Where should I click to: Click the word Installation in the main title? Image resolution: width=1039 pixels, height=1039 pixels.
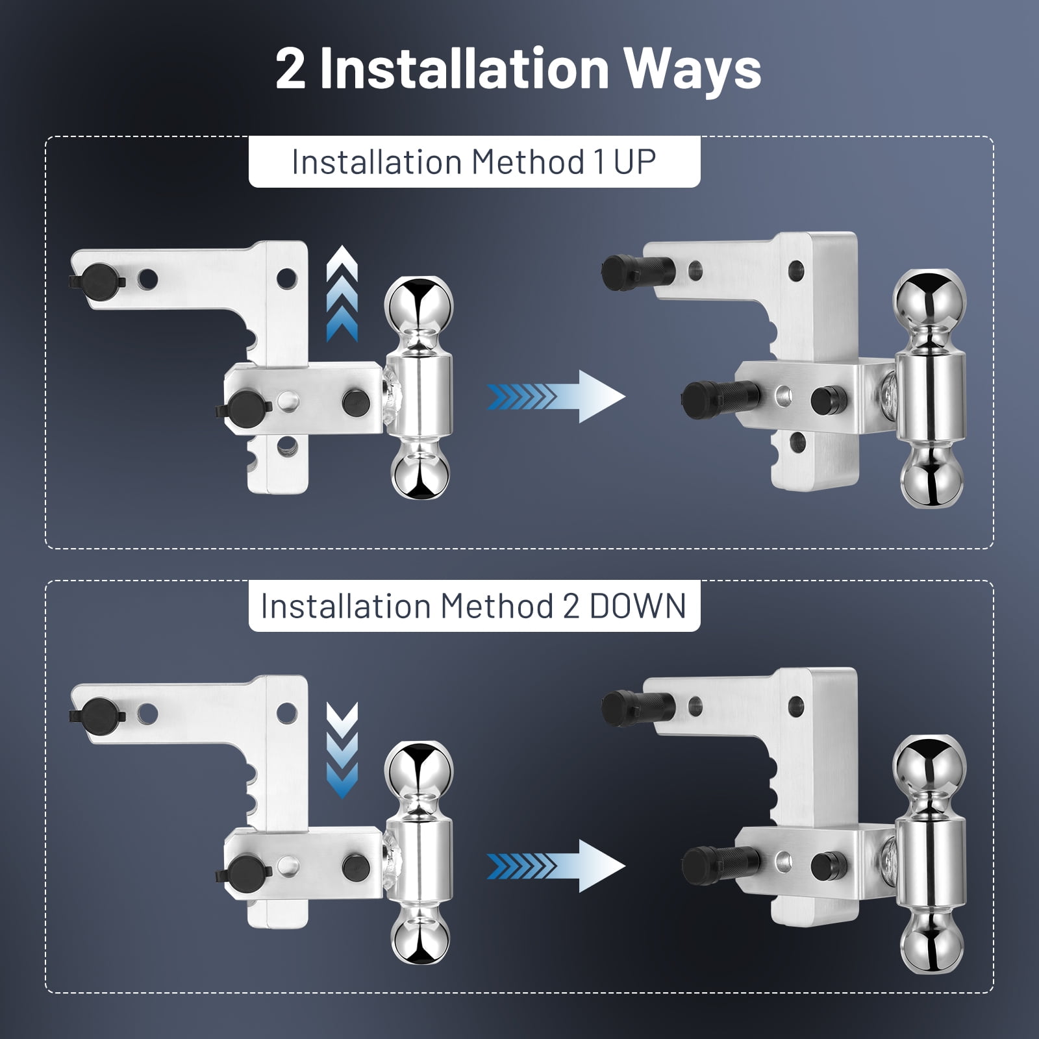464,69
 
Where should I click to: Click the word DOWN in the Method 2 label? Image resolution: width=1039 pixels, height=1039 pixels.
637,606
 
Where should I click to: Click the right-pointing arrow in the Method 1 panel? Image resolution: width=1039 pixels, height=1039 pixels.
556,396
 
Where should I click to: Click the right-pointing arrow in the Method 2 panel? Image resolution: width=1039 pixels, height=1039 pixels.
556,866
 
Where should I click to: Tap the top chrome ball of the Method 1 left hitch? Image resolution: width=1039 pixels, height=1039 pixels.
418,306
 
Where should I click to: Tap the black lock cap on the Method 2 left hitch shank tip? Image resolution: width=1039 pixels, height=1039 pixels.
99,715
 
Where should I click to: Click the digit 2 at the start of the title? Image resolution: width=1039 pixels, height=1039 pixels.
290,69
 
